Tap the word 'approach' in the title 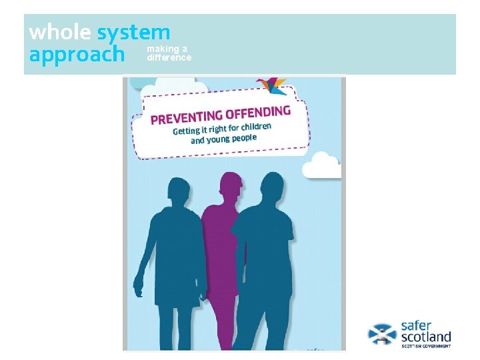coord(77,54)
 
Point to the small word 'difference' coord(169,57)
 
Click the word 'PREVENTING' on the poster coord(186,118)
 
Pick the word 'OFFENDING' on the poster coord(259,112)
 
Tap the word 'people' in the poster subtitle coord(241,138)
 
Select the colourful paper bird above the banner coord(271,85)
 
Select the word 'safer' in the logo coord(418,325)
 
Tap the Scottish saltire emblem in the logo coord(382,333)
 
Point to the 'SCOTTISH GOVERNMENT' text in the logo coord(425,347)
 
